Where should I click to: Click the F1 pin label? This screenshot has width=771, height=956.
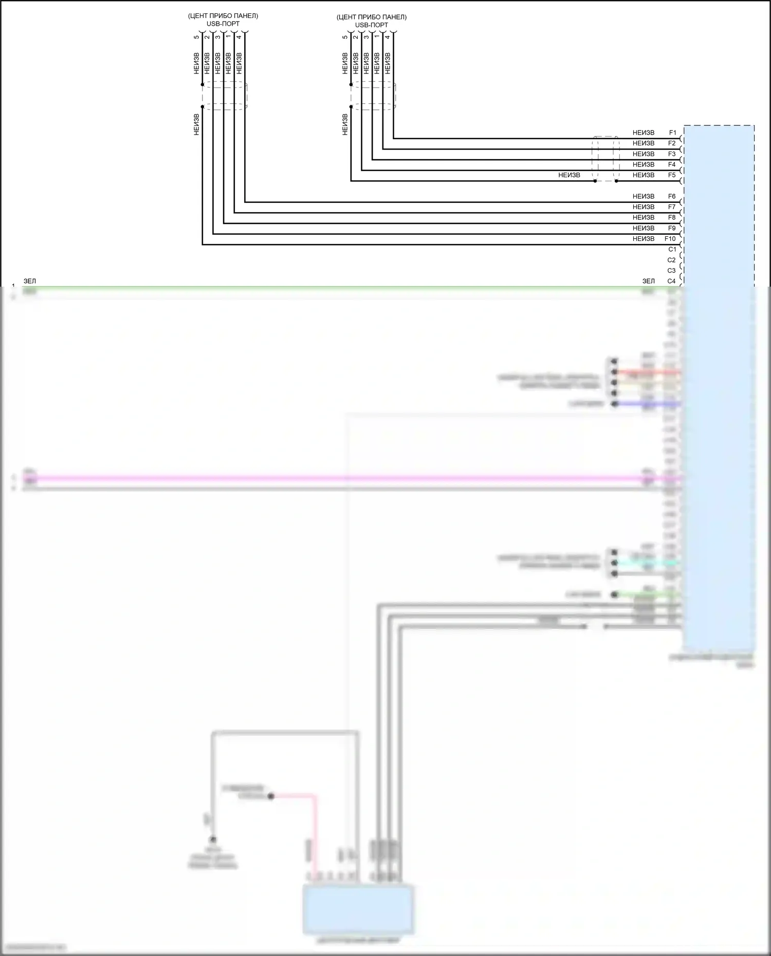pyautogui.click(x=672, y=133)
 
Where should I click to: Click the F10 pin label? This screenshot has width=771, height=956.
pyautogui.click(x=670, y=239)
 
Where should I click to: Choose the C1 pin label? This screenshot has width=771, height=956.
pyautogui.click(x=672, y=249)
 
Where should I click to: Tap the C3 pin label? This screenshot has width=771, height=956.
pyautogui.click(x=672, y=271)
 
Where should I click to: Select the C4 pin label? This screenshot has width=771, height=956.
pyautogui.click(x=672, y=281)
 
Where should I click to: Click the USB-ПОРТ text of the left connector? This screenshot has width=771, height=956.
pyautogui.click(x=223, y=24)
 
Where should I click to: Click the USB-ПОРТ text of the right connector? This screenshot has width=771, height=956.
pyautogui.click(x=372, y=25)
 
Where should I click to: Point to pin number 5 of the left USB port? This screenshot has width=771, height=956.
pyautogui.click(x=196, y=37)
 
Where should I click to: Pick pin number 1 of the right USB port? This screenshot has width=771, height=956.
pyautogui.click(x=377, y=37)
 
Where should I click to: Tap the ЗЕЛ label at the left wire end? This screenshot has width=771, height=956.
pyautogui.click(x=30, y=281)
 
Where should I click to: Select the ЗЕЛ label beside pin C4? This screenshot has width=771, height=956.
pyautogui.click(x=649, y=281)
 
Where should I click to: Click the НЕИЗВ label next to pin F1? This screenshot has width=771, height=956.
pyautogui.click(x=644, y=133)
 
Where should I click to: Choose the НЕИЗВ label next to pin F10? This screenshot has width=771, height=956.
pyautogui.click(x=644, y=239)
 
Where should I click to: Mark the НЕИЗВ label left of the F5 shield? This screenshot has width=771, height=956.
pyautogui.click(x=569, y=175)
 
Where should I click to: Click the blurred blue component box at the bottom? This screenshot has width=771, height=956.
pyautogui.click(x=358, y=909)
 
